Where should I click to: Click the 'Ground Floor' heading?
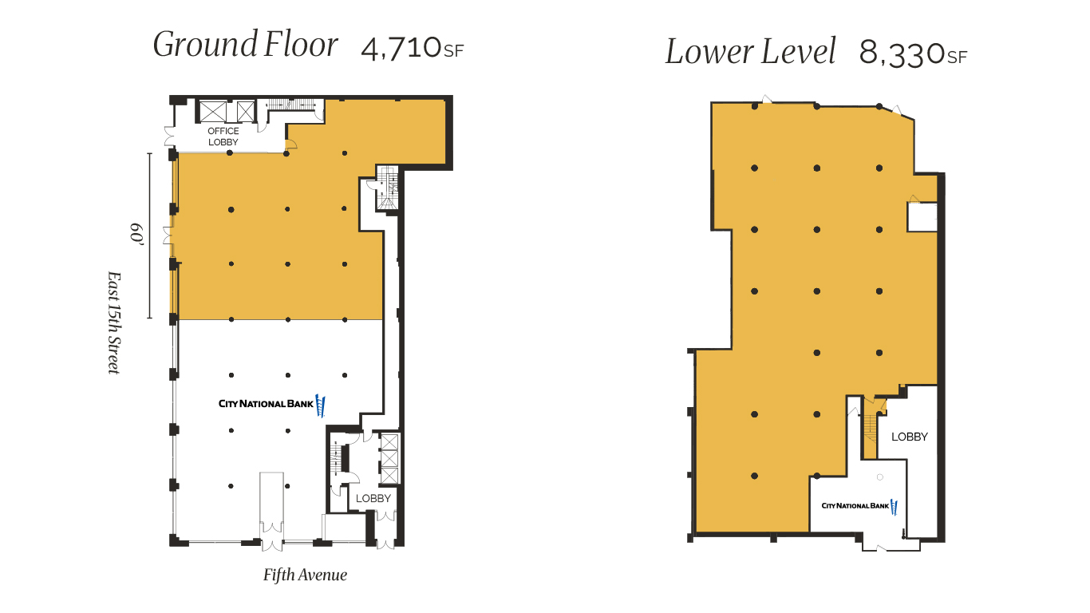tap(245, 45)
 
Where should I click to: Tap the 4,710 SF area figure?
tap(412, 49)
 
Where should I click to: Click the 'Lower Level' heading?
tap(750, 53)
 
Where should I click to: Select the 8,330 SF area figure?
tap(913, 54)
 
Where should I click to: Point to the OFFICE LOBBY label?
tap(223, 136)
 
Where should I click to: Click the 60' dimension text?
tap(136, 235)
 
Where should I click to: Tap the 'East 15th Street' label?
tap(114, 322)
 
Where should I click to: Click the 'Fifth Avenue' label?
tap(305, 575)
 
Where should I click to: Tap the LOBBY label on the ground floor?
tap(373, 498)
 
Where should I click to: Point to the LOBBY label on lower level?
tap(909, 437)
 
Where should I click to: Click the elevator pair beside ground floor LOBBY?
tap(389, 458)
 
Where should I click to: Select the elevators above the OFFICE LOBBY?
tap(227, 112)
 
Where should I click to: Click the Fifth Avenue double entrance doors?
tap(271, 535)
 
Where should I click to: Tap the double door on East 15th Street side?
tap(168, 235)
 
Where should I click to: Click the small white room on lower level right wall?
tap(922, 216)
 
